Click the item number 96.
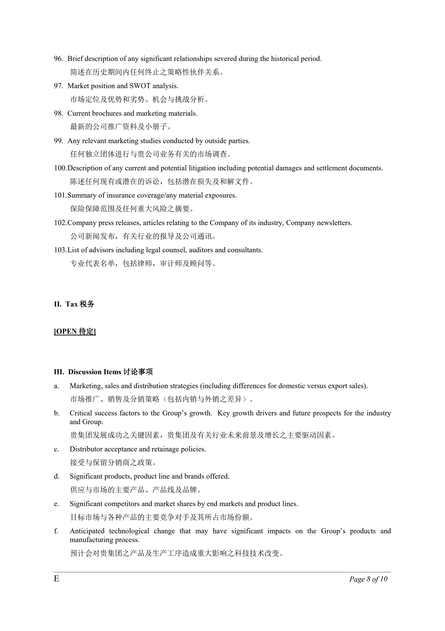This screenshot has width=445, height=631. pyautogui.click(x=58, y=59)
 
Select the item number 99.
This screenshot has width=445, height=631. pyautogui.click(x=58, y=141)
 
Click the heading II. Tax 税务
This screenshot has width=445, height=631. pyautogui.click(x=74, y=304)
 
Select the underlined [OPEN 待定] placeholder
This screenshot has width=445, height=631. pyautogui.click(x=75, y=331)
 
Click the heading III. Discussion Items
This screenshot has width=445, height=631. pyautogui.click(x=103, y=372)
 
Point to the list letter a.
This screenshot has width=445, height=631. pyautogui.click(x=56, y=386)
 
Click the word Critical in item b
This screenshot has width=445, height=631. pyautogui.click(x=81, y=413)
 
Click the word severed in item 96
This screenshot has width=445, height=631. pyautogui.click(x=225, y=59)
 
